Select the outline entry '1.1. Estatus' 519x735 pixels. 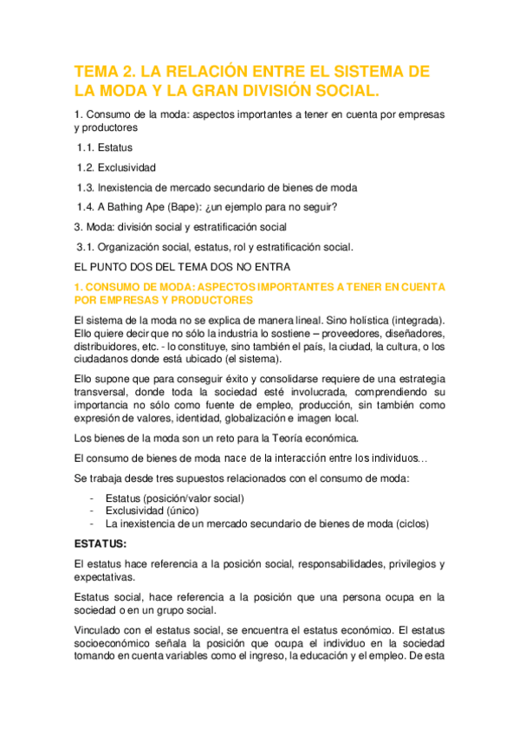104,147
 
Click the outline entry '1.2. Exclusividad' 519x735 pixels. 116,167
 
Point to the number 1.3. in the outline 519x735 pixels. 87,187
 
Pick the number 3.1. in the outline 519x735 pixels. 88,247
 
